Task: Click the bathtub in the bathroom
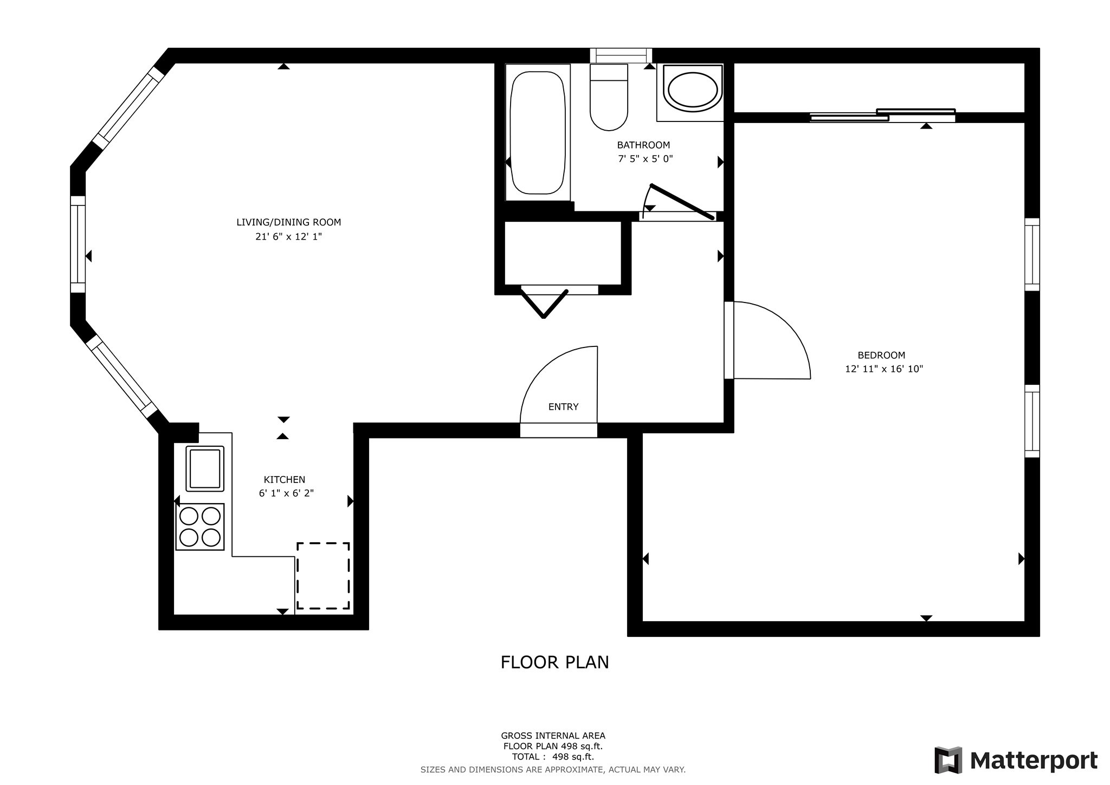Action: tap(538, 133)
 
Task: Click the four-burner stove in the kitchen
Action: tap(200, 526)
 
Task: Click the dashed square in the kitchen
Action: tap(323, 575)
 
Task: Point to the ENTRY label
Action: tap(563, 407)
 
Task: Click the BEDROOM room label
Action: tap(881, 355)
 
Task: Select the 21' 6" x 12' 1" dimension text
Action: tap(288, 236)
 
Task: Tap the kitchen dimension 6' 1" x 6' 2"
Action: tap(286, 493)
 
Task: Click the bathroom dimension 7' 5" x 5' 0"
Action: tap(645, 159)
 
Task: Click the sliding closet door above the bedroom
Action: tap(882, 115)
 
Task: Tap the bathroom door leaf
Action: tap(682, 202)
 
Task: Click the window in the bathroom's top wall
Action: tap(621, 55)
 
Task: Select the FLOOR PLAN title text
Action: tap(554, 662)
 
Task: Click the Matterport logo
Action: tap(1016, 760)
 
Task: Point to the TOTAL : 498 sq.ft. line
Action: tap(553, 757)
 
